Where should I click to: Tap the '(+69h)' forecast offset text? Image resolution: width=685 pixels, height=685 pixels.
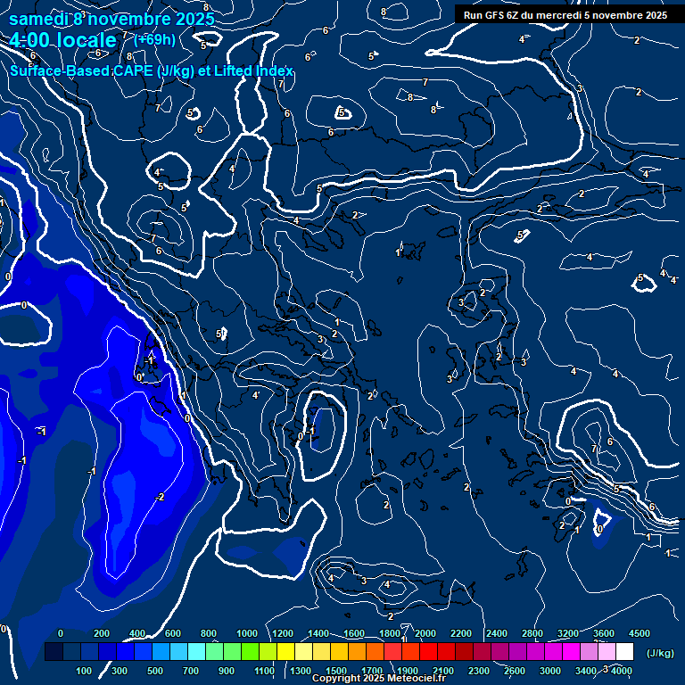(x=154, y=39)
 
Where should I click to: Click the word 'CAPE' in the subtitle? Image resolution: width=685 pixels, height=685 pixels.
(x=136, y=70)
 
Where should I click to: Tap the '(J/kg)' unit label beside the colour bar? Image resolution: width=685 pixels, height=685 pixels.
(x=659, y=654)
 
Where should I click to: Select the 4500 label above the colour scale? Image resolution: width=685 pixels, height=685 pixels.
(x=639, y=633)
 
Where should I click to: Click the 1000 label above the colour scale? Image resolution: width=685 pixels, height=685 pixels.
(x=247, y=633)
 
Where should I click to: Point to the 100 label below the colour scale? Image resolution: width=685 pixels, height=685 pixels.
(x=84, y=671)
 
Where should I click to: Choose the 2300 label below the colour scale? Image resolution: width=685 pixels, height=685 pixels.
(x=478, y=671)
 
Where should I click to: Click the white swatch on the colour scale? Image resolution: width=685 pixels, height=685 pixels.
(x=624, y=652)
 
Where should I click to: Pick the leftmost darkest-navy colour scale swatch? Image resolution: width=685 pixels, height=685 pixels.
(x=54, y=652)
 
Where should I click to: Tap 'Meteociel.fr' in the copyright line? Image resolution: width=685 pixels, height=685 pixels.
(x=416, y=679)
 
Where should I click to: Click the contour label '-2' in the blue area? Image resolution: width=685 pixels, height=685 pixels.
(x=160, y=497)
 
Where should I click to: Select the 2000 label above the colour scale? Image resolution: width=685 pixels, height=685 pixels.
(x=425, y=633)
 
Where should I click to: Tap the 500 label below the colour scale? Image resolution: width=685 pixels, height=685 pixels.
(x=155, y=671)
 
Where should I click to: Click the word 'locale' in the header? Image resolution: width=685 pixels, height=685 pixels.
(x=85, y=40)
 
